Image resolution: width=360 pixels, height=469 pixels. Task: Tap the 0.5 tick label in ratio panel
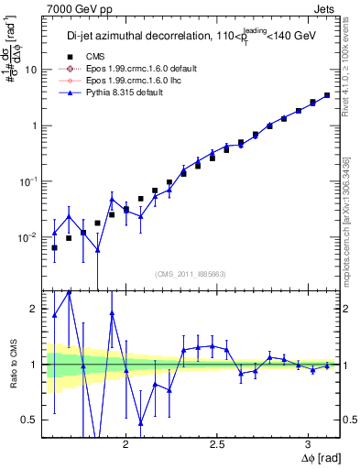point(29,420)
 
